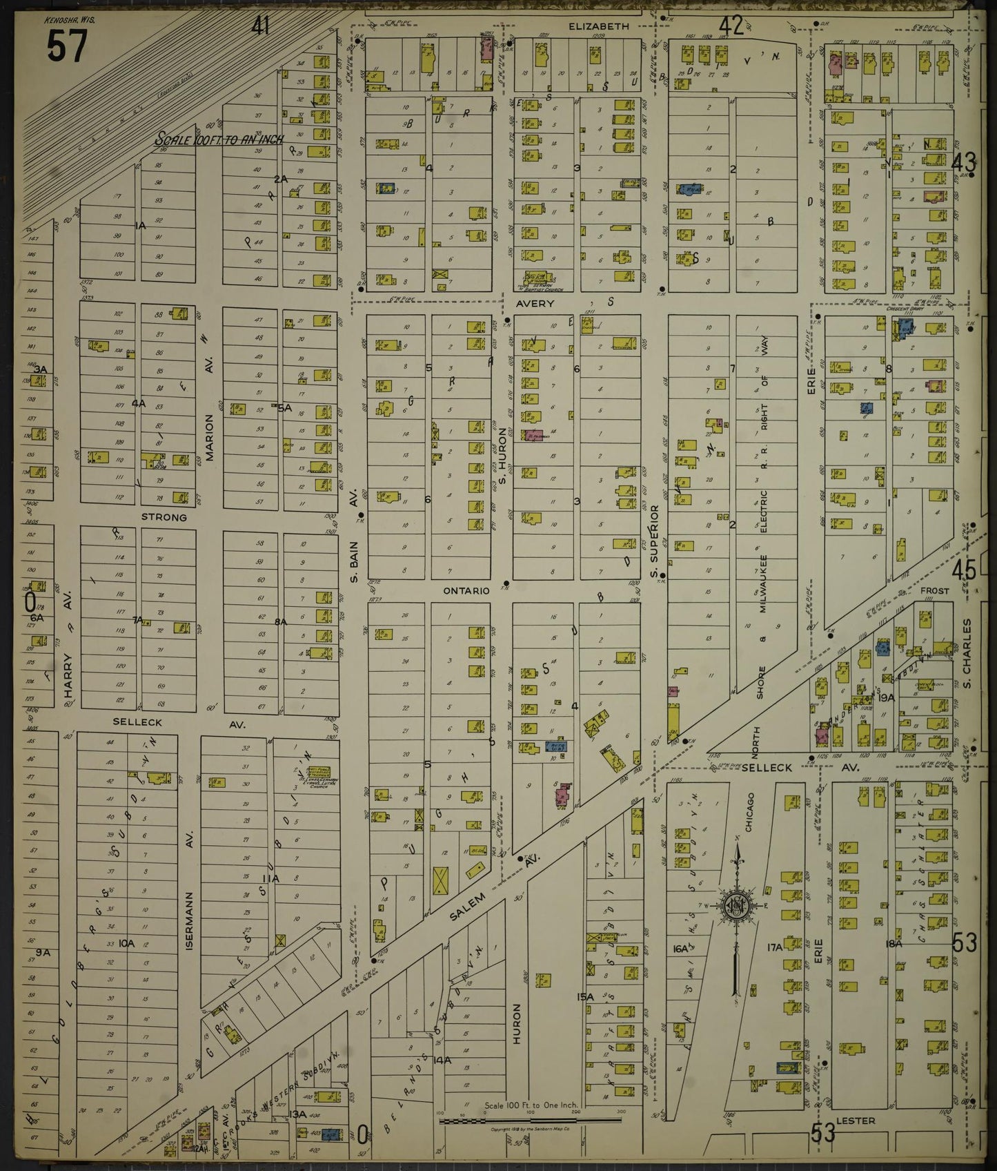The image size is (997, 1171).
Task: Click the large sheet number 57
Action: click(x=67, y=47)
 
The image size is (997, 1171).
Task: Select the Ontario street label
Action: click(x=466, y=591)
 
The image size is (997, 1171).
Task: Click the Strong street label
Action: click(x=164, y=517)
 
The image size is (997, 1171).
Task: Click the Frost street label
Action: click(x=934, y=591)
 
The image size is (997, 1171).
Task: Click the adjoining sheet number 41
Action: click(x=260, y=27)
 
